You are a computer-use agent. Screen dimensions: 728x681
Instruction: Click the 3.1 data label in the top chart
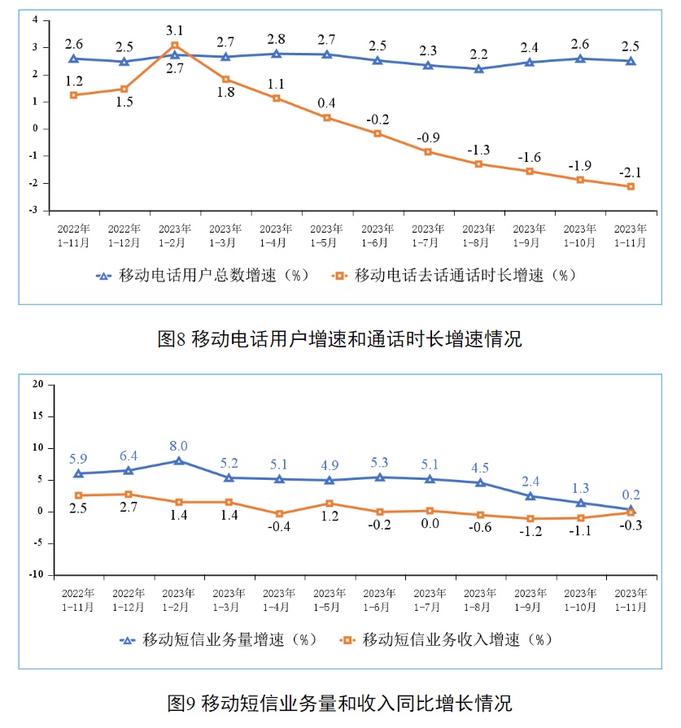175,31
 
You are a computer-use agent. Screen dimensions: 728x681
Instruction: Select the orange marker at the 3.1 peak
175,46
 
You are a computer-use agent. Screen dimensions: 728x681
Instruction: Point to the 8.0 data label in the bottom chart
179,446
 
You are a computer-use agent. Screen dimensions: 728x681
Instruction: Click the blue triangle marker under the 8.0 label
178,461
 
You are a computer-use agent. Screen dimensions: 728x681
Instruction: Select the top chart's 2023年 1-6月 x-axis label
378,235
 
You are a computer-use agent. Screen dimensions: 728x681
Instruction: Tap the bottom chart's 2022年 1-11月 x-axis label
78,599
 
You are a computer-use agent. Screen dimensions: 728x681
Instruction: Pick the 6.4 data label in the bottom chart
128,456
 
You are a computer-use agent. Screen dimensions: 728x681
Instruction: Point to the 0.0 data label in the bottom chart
430,523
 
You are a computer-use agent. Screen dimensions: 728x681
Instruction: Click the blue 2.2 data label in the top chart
478,54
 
